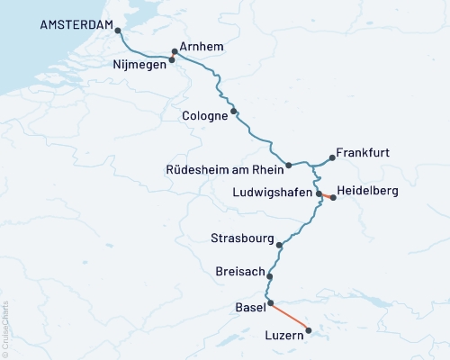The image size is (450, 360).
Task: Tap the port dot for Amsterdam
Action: click(117, 31)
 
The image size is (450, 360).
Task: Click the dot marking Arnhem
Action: click(175, 52)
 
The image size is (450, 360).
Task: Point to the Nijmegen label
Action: click(139, 65)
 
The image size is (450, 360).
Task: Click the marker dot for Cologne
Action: click(234, 112)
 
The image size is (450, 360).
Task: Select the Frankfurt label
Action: click(362, 153)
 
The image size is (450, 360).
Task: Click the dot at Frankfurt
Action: click(332, 158)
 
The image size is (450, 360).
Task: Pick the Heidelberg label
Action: click(367, 192)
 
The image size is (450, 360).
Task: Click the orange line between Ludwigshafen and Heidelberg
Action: click(326, 195)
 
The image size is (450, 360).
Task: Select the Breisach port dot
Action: click(269, 276)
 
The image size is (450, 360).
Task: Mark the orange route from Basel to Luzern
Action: click(290, 317)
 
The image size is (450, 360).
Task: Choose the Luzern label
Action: click(284, 337)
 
